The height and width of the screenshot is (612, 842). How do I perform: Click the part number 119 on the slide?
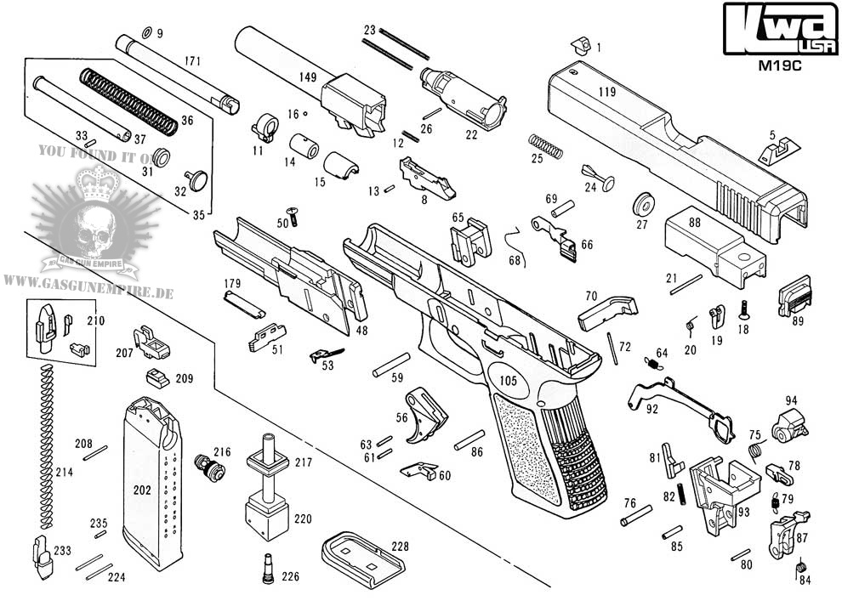[606, 90]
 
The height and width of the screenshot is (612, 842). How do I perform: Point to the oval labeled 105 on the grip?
[508, 381]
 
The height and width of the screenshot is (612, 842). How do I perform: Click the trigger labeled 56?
[424, 413]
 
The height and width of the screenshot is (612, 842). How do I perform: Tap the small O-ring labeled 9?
[145, 32]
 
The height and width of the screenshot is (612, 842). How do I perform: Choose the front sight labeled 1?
[580, 44]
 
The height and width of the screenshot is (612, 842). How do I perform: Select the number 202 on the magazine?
[142, 490]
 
